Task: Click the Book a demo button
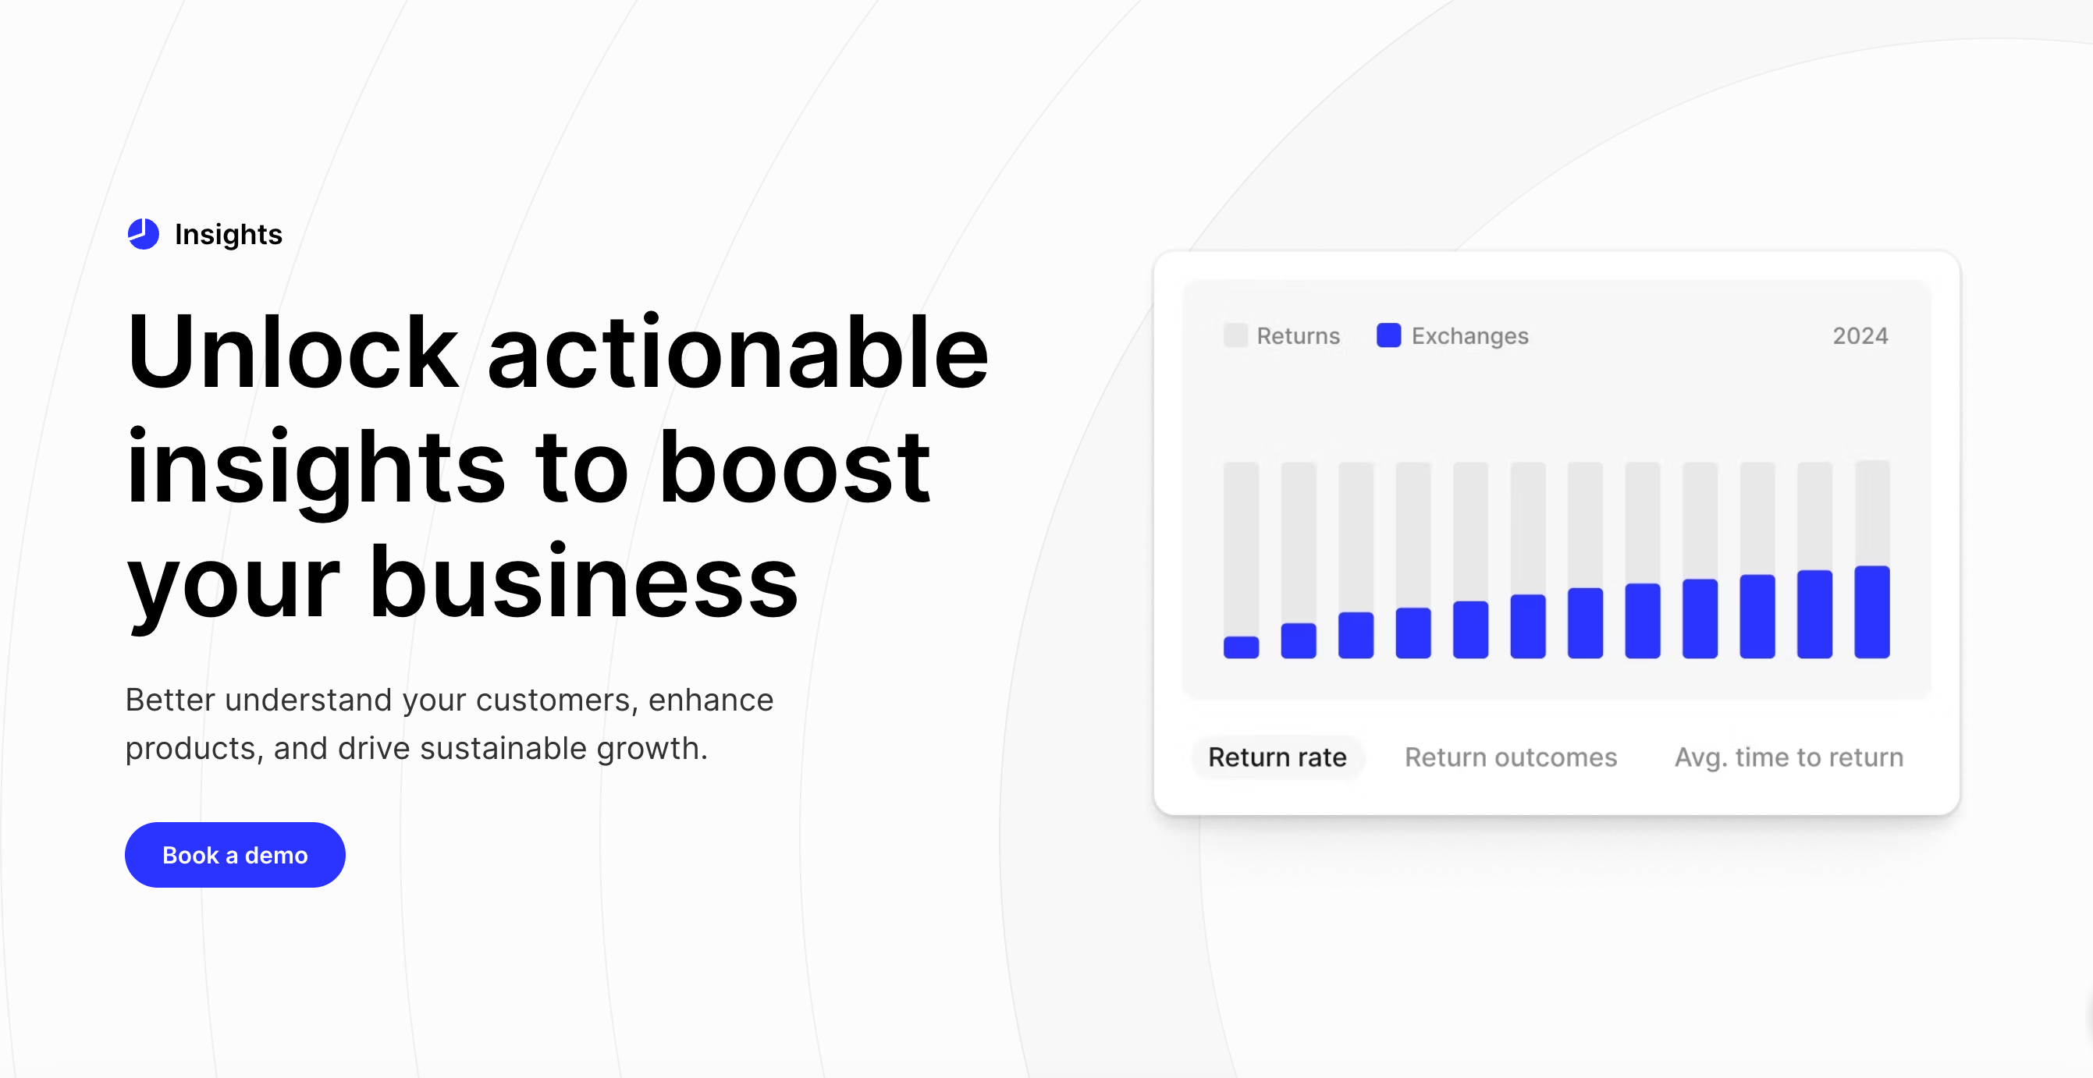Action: [x=235, y=855]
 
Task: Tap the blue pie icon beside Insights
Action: [x=144, y=234]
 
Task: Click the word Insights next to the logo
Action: [x=229, y=234]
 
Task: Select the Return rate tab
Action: [x=1277, y=757]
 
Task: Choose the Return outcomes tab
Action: [x=1510, y=757]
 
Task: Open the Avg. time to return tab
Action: [x=1789, y=757]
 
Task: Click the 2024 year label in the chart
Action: [x=1860, y=335]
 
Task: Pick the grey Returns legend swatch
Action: [x=1235, y=335]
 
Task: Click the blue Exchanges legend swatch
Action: [x=1388, y=335]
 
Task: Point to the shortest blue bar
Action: [x=1241, y=647]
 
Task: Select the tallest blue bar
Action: [x=1871, y=612]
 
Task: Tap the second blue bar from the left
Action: [x=1299, y=641]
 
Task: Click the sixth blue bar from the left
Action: [x=1527, y=626]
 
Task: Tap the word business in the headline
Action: [x=584, y=582]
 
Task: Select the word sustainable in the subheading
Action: [x=503, y=748]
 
